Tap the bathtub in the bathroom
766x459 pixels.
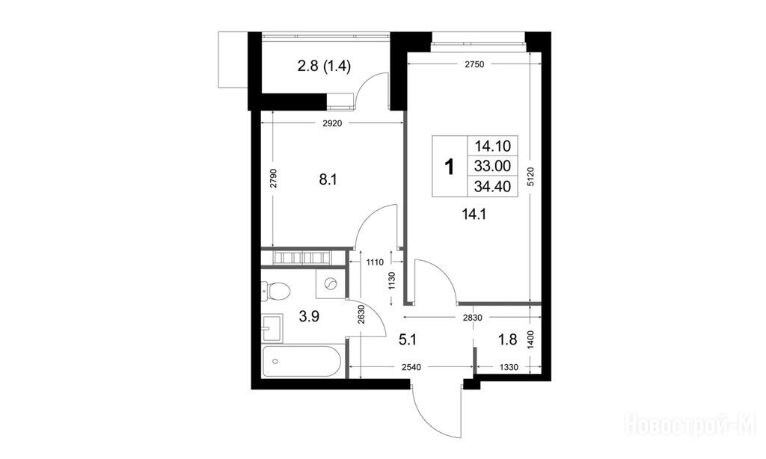pos(301,361)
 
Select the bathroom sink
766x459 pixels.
pos(272,327)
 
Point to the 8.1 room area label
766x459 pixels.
pos(328,179)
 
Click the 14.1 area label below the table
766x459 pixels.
pos(474,213)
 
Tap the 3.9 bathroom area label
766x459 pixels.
pos(309,316)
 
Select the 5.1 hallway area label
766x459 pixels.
pos(408,339)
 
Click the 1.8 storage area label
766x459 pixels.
pos(508,339)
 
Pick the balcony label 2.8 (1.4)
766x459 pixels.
pos(325,66)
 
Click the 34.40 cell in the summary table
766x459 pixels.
pos(492,186)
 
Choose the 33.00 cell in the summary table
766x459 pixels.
pos(492,166)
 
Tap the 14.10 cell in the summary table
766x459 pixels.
pos(492,146)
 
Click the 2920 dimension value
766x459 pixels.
pos(332,123)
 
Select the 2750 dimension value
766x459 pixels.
pos(474,64)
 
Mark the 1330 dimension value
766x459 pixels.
pos(509,367)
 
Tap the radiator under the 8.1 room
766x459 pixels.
pos(303,257)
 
